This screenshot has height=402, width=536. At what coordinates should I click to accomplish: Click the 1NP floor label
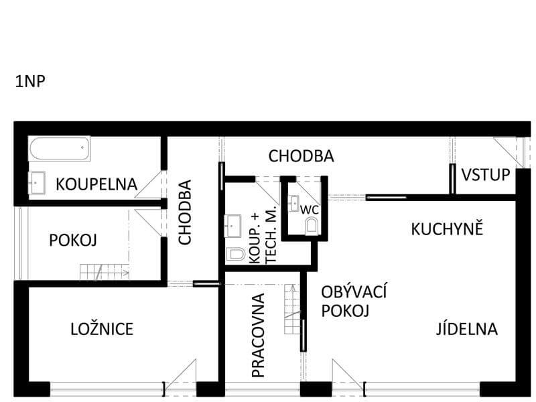click(x=30, y=82)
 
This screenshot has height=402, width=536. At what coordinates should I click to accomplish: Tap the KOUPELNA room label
click(x=96, y=184)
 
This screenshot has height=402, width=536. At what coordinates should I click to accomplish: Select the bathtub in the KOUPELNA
click(x=60, y=149)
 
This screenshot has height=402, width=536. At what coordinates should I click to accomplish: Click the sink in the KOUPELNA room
click(x=37, y=183)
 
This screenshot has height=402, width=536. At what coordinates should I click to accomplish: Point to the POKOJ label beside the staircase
click(x=73, y=241)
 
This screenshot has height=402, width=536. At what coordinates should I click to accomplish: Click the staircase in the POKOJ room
click(x=105, y=272)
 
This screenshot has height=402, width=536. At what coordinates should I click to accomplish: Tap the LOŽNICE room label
click(x=102, y=329)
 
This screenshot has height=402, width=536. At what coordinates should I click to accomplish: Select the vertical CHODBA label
click(x=185, y=212)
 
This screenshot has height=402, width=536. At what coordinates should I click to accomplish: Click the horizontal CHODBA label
click(x=301, y=156)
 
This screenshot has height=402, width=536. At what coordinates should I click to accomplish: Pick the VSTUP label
click(x=485, y=175)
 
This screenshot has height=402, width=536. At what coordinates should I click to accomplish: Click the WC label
click(x=310, y=210)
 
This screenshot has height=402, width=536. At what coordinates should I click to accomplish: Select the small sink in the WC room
click(x=294, y=203)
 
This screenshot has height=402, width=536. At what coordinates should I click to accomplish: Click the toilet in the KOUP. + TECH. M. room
click(x=236, y=255)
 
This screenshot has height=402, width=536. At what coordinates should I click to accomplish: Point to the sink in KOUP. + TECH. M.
click(x=232, y=226)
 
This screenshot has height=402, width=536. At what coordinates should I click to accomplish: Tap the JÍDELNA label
click(x=466, y=328)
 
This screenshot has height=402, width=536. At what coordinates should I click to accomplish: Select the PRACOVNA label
click(x=258, y=335)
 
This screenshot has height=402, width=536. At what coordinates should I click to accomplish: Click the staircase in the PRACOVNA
click(x=293, y=309)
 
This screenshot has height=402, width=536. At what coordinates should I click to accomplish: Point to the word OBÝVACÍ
click(x=354, y=291)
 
